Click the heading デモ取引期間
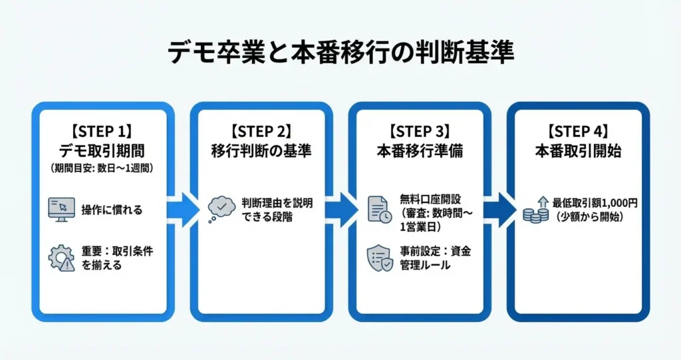102,150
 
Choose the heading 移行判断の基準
261,150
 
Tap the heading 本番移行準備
420,150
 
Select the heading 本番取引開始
578,150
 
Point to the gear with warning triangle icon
61,258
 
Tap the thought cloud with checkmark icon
221,208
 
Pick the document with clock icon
380,208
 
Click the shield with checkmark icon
380,258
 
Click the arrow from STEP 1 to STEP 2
179,208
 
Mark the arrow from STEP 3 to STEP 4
495,208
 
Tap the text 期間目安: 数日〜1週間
102,168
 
